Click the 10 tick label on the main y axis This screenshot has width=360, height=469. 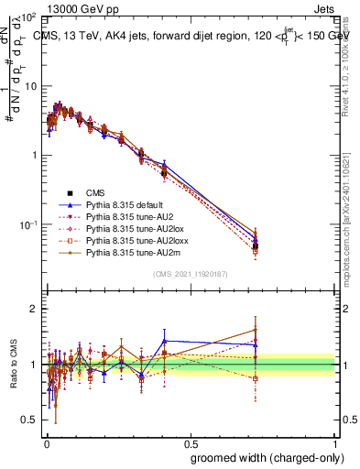(x=29, y=86)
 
